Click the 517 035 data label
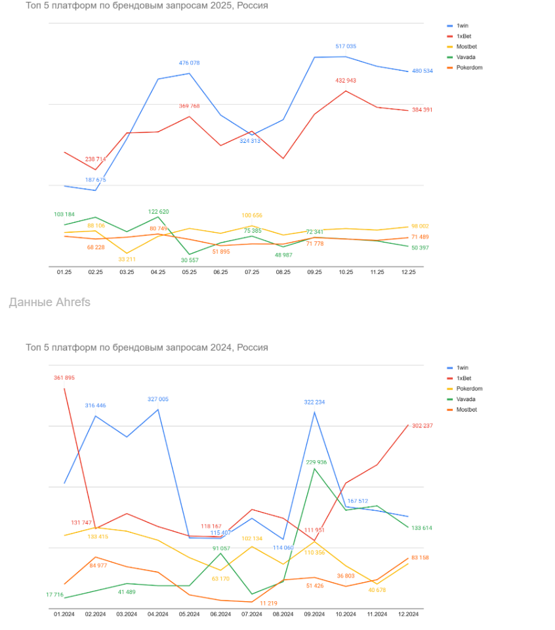(345, 47)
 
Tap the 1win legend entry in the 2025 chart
(462, 26)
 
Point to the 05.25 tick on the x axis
(189, 271)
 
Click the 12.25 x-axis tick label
(408, 271)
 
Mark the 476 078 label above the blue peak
(189, 63)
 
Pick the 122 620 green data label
(158, 212)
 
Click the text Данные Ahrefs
(50, 302)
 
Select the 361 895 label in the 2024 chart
(64, 378)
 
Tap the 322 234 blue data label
(314, 402)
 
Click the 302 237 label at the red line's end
(422, 426)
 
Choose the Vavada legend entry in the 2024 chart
(465, 399)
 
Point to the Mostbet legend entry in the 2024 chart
(466, 410)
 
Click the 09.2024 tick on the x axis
(314, 614)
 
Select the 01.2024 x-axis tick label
(65, 614)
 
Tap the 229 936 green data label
(316, 462)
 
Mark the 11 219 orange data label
(269, 603)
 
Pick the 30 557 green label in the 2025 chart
(189, 260)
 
